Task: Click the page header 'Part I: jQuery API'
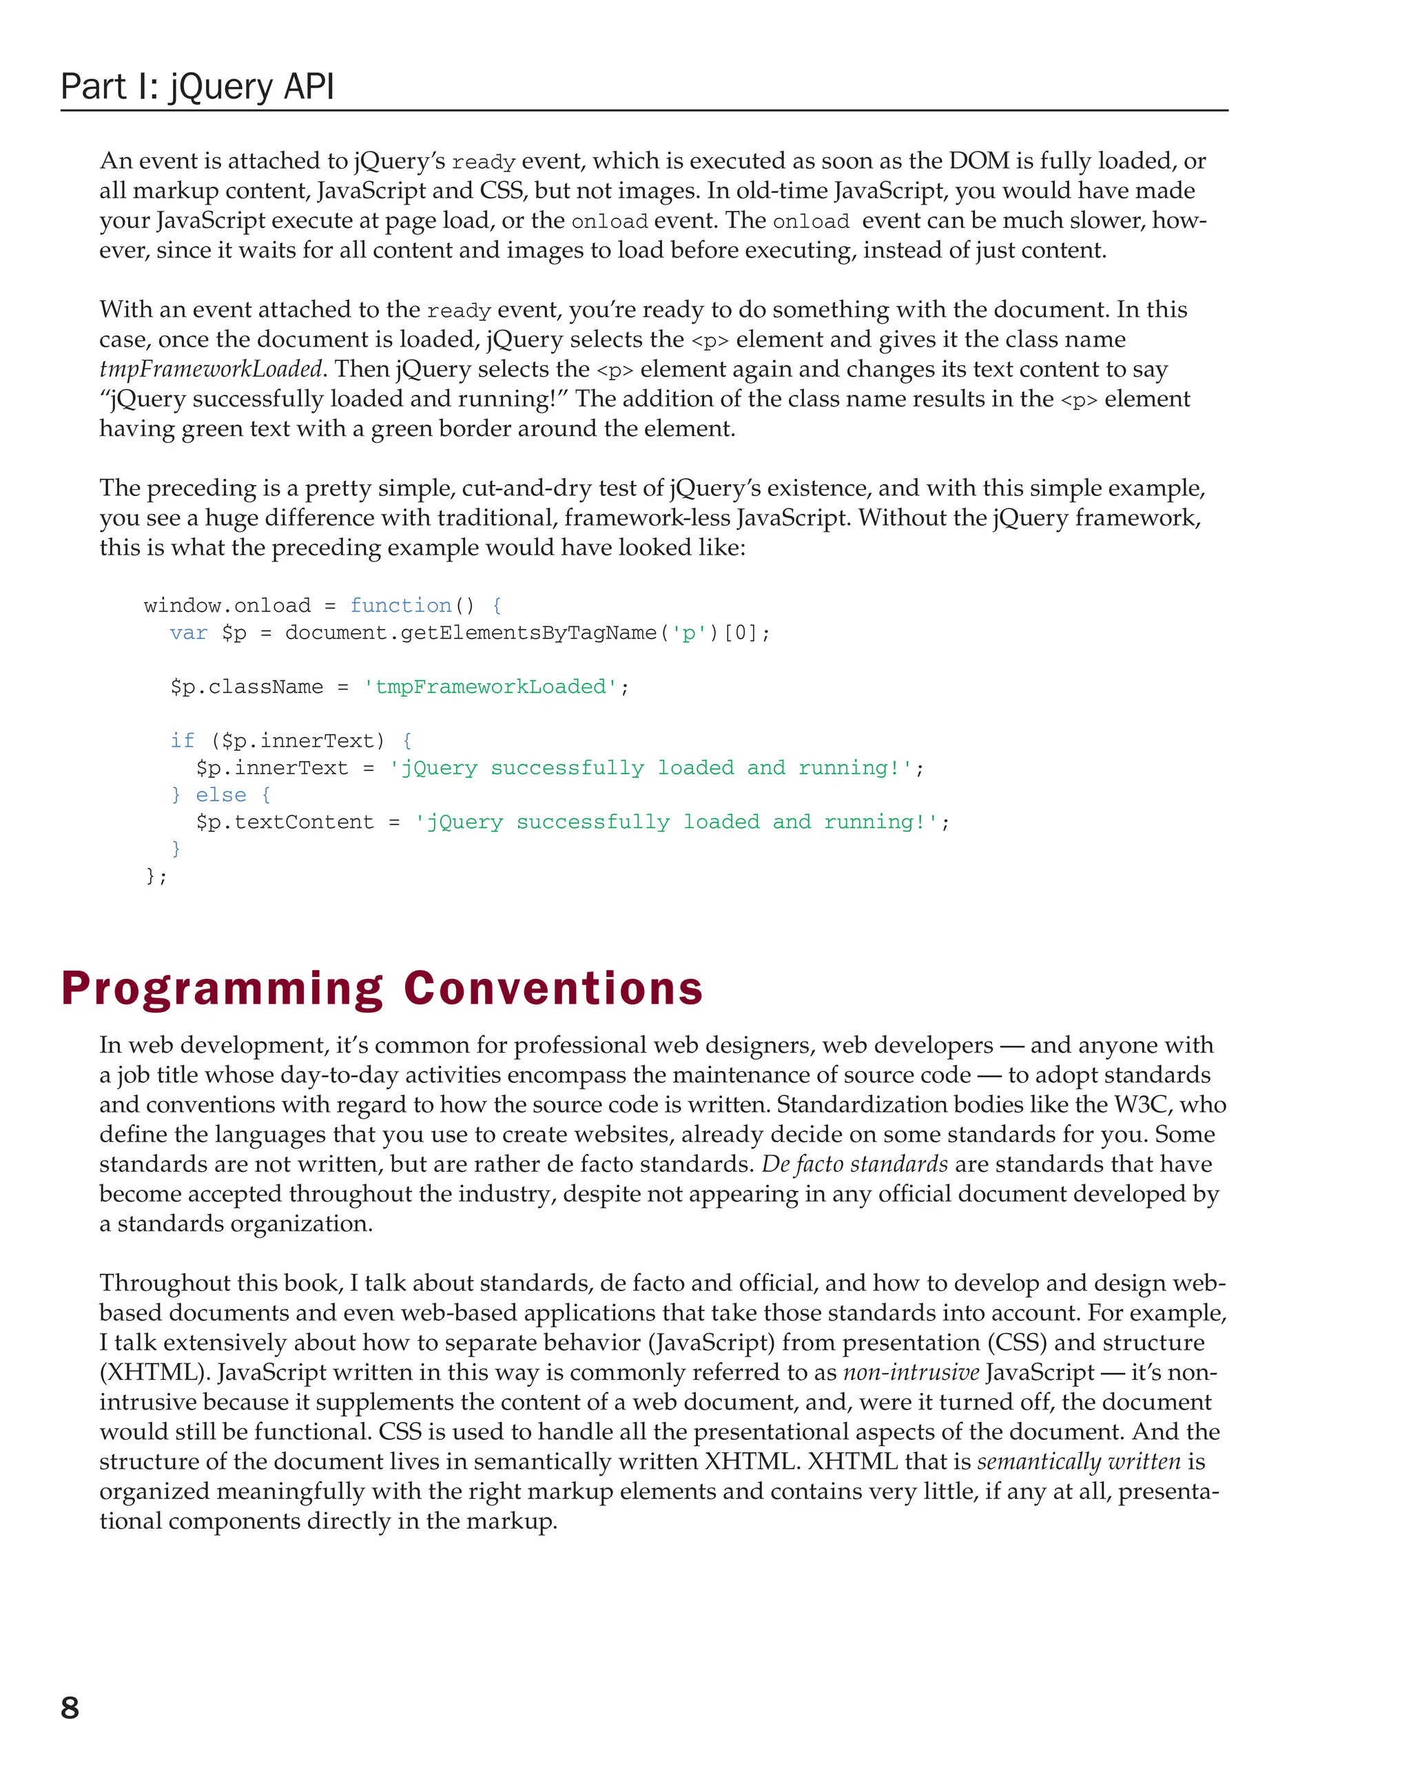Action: click(197, 87)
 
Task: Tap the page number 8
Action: click(70, 1708)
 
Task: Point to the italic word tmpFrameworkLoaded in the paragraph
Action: click(210, 369)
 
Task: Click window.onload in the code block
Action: click(227, 606)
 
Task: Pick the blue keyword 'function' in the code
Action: click(400, 606)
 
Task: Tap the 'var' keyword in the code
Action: click(189, 632)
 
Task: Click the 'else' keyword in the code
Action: click(220, 795)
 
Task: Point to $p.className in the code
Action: click(246, 687)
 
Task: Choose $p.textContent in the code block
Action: click(284, 822)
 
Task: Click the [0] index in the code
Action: click(740, 632)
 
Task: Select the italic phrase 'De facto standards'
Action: click(854, 1164)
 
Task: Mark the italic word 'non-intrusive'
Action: click(911, 1372)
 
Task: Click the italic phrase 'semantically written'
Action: click(1079, 1461)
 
